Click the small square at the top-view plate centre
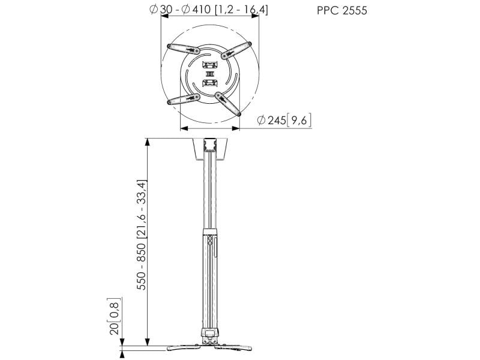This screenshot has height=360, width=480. (209, 74)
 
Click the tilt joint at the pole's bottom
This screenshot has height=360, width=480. (209, 334)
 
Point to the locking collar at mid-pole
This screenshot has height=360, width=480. (209, 233)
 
